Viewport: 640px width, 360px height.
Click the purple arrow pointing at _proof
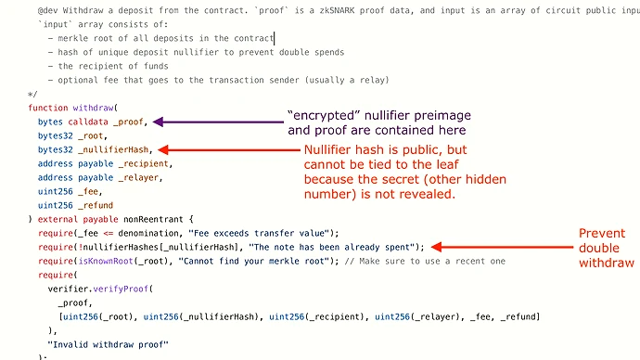point(218,122)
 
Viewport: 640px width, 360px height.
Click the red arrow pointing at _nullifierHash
point(228,149)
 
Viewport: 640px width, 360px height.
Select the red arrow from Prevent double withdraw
point(502,247)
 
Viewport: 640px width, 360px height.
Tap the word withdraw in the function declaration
point(93,108)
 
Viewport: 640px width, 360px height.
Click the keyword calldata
point(88,122)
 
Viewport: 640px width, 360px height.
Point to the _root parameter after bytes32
point(93,135)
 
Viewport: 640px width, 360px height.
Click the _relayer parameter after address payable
point(140,177)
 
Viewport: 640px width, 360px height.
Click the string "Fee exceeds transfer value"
point(259,233)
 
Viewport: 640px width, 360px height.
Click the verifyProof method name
point(121,289)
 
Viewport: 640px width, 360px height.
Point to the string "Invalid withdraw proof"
point(108,344)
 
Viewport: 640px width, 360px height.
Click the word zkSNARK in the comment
point(337,10)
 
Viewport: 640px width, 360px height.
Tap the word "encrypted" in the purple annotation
point(324,115)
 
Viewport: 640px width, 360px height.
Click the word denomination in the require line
point(148,233)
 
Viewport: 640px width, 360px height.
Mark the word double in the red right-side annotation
point(599,248)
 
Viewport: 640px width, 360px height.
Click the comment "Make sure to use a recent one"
point(432,261)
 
